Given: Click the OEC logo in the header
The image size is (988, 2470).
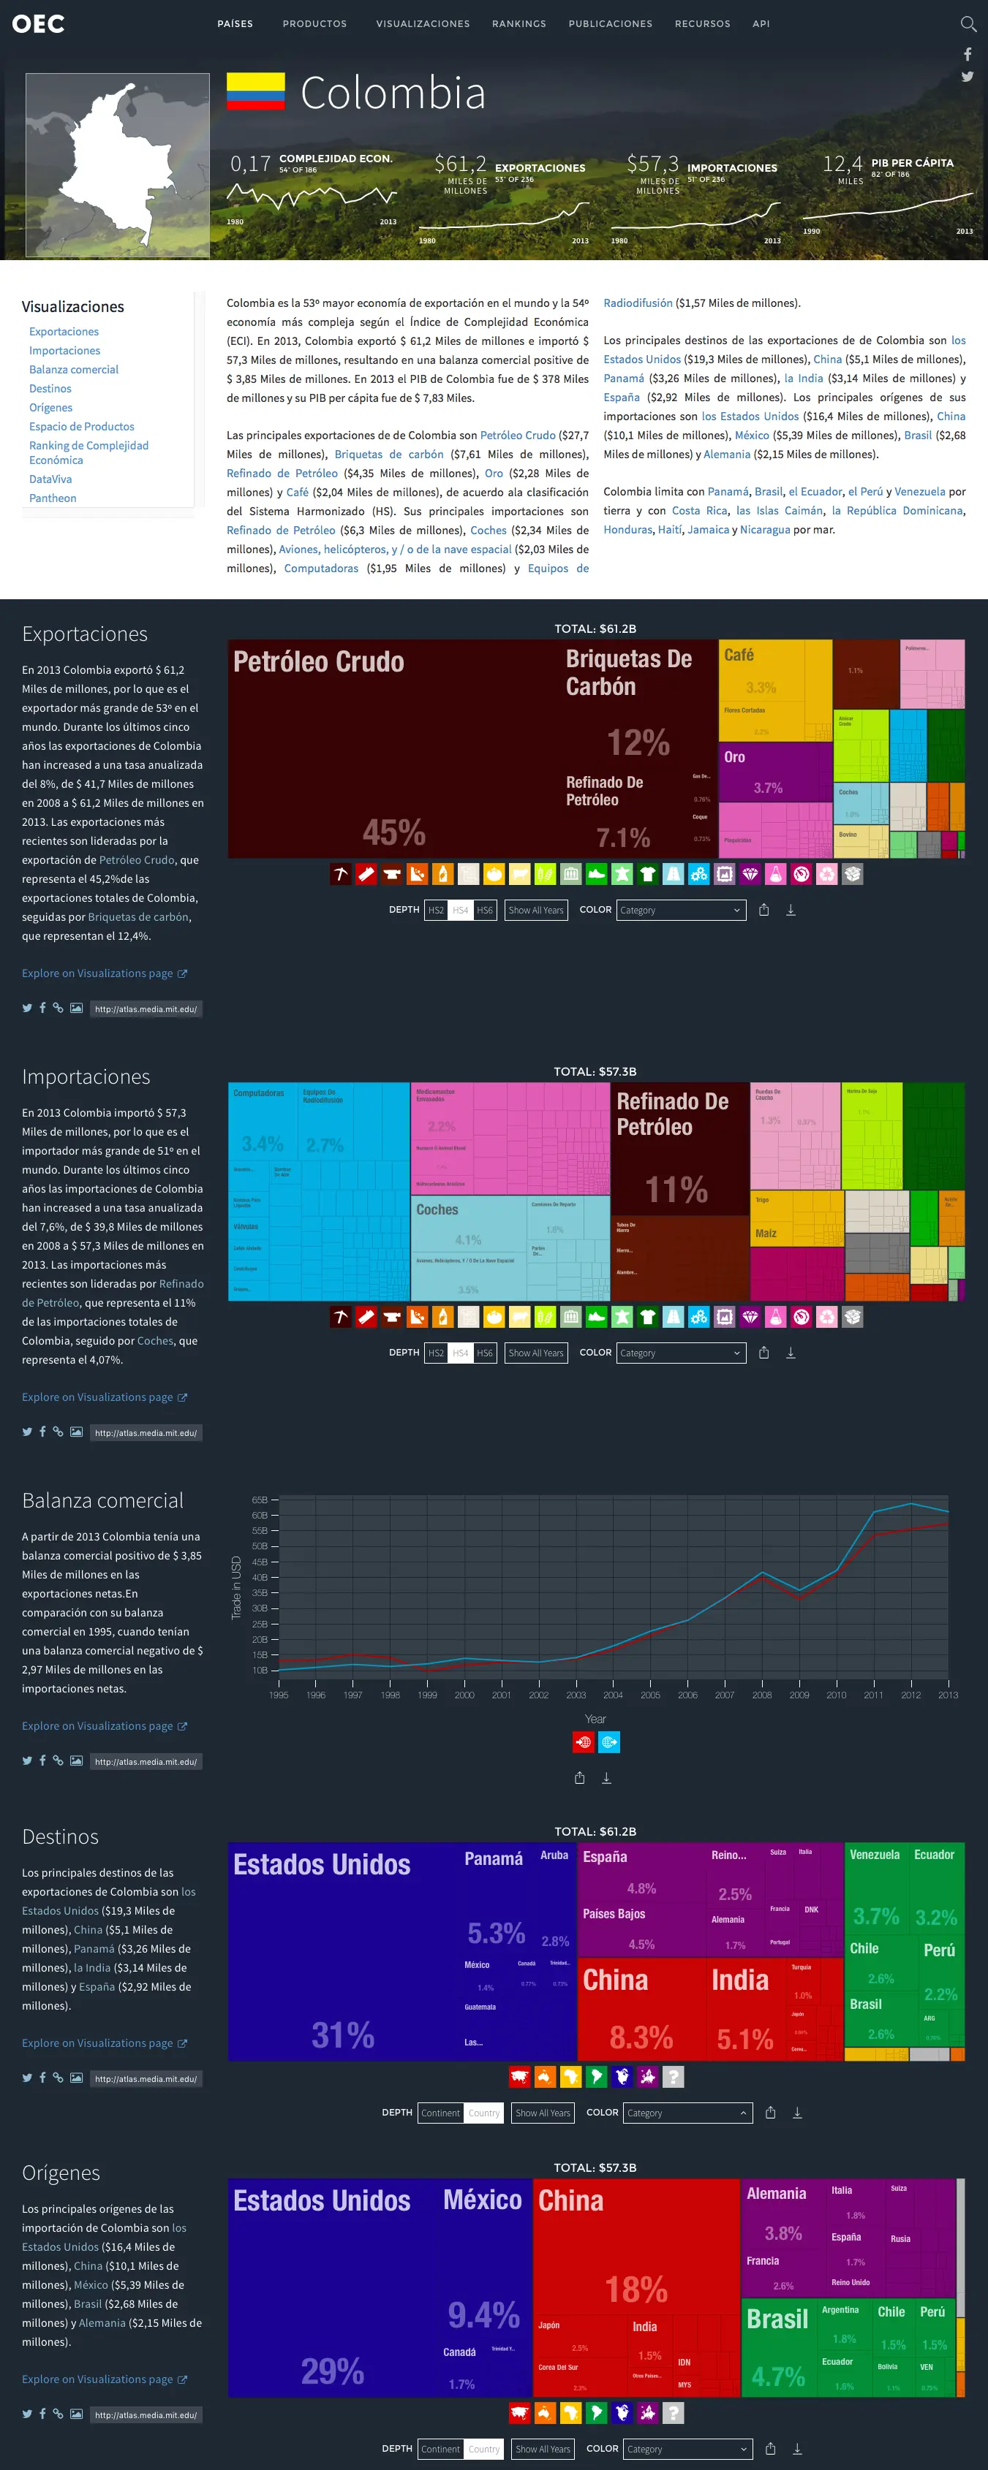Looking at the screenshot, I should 38,24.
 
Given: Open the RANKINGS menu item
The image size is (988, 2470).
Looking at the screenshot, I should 519,24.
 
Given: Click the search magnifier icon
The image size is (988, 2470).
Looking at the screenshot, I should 968,24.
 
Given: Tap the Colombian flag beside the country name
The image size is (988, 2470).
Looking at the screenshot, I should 255,91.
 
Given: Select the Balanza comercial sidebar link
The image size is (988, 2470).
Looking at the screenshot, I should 74,369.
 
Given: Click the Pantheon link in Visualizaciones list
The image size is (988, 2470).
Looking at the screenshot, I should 53,498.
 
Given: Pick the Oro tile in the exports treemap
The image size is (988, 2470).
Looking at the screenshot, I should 775,772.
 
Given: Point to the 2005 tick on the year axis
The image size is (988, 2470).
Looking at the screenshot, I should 650,1695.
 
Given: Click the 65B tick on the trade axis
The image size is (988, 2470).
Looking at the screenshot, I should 260,1500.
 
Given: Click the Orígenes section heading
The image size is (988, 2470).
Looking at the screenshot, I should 61,2172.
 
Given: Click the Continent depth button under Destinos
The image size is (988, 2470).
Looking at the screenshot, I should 440,2113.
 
